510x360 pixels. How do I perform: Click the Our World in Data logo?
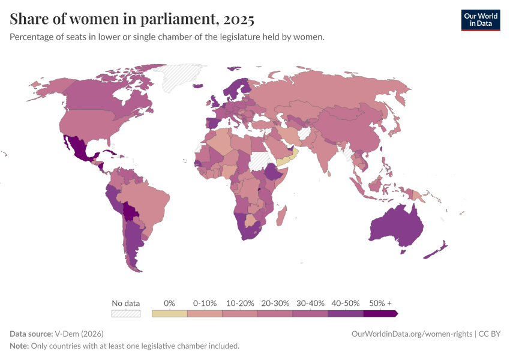[x=480, y=20]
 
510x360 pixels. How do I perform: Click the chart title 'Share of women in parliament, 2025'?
[x=132, y=19]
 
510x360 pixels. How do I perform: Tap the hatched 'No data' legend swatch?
[x=125, y=313]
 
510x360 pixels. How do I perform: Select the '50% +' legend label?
[x=380, y=303]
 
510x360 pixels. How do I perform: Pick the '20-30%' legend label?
[x=275, y=303]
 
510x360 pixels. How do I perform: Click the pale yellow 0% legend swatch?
[x=170, y=313]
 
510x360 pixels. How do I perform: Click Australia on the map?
[x=396, y=225]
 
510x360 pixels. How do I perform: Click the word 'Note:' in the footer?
[x=19, y=346]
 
